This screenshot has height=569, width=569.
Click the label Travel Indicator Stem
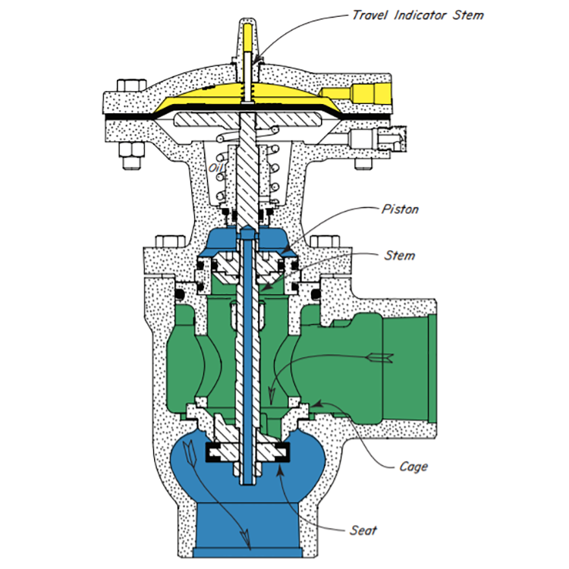(x=418, y=15)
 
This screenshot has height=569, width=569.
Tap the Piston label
(x=400, y=209)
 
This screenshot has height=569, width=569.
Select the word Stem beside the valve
(x=400, y=256)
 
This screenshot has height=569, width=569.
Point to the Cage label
(x=413, y=467)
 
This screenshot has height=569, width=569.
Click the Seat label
(x=363, y=530)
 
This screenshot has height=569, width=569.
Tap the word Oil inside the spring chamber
(x=215, y=168)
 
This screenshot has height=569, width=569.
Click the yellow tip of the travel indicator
(x=248, y=38)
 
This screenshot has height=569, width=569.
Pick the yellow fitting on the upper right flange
(x=357, y=93)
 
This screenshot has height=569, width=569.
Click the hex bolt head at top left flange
(x=131, y=86)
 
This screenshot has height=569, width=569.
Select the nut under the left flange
(x=131, y=156)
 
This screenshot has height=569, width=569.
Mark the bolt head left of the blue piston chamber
(x=171, y=241)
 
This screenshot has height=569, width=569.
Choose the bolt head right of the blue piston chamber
(x=325, y=241)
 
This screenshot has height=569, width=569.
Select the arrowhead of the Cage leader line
(x=316, y=404)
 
